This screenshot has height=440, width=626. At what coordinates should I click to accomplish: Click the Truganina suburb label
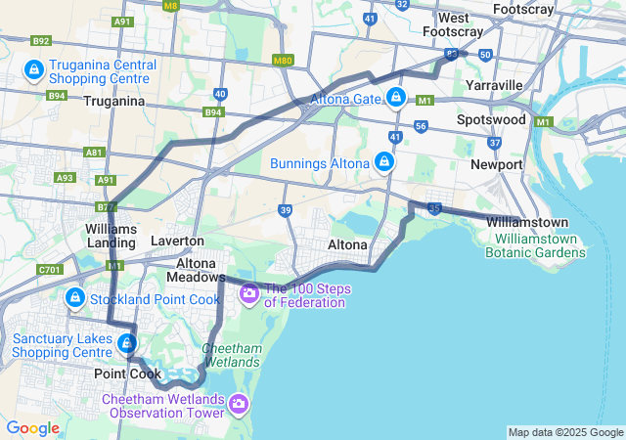114,101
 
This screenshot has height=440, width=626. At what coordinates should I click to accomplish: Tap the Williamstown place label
527,222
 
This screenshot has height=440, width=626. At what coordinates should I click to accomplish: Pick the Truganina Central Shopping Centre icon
33,70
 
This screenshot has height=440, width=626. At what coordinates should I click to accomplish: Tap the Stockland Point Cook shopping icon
74,297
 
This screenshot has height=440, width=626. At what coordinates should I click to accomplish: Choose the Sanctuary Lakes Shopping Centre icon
126,343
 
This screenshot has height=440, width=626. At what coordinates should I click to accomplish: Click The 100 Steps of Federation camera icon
248,292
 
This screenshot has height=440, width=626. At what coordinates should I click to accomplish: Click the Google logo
32,428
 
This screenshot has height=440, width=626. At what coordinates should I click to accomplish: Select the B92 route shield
41,41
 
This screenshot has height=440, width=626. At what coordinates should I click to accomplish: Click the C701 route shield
49,270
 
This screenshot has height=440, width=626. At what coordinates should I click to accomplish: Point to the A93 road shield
66,178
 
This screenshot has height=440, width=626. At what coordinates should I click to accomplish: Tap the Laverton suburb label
177,241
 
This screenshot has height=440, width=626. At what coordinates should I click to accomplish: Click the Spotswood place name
491,120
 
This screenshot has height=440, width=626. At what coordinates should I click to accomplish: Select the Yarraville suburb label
494,85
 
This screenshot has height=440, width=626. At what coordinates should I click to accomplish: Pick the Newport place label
496,164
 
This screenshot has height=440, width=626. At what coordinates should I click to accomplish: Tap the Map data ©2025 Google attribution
565,432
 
